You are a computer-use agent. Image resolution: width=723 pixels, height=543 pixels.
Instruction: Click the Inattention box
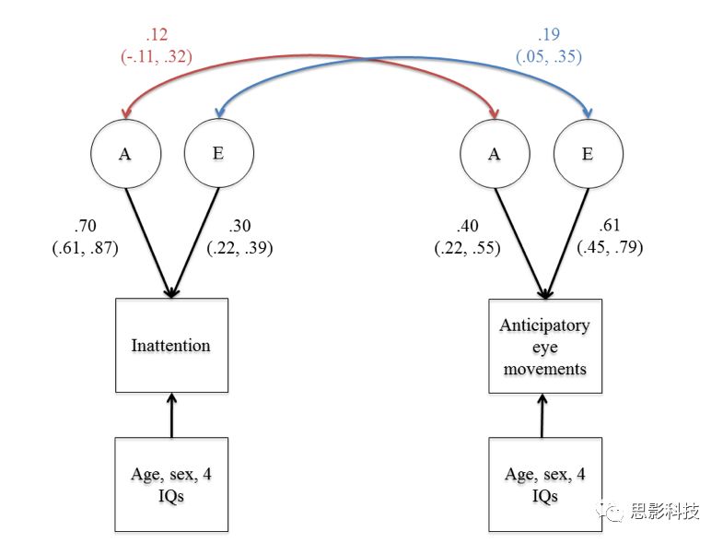(170, 346)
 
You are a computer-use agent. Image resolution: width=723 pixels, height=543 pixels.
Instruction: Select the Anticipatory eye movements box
(543, 347)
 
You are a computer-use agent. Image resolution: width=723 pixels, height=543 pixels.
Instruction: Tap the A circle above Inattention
(125, 154)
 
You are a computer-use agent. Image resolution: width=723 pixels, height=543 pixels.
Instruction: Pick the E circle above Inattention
(218, 153)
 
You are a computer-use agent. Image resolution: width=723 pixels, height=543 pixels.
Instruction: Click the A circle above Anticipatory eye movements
(495, 154)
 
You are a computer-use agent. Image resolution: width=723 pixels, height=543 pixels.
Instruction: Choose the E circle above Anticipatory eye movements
(588, 154)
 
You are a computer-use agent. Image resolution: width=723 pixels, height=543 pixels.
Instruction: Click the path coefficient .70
(86, 227)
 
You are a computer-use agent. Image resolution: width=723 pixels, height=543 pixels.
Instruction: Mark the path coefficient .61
(610, 227)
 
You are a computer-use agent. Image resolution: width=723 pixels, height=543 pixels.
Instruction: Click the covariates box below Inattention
(170, 485)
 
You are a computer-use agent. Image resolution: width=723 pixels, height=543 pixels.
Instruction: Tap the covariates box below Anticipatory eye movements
(543, 485)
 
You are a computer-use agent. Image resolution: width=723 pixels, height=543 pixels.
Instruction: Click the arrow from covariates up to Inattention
(171, 415)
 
